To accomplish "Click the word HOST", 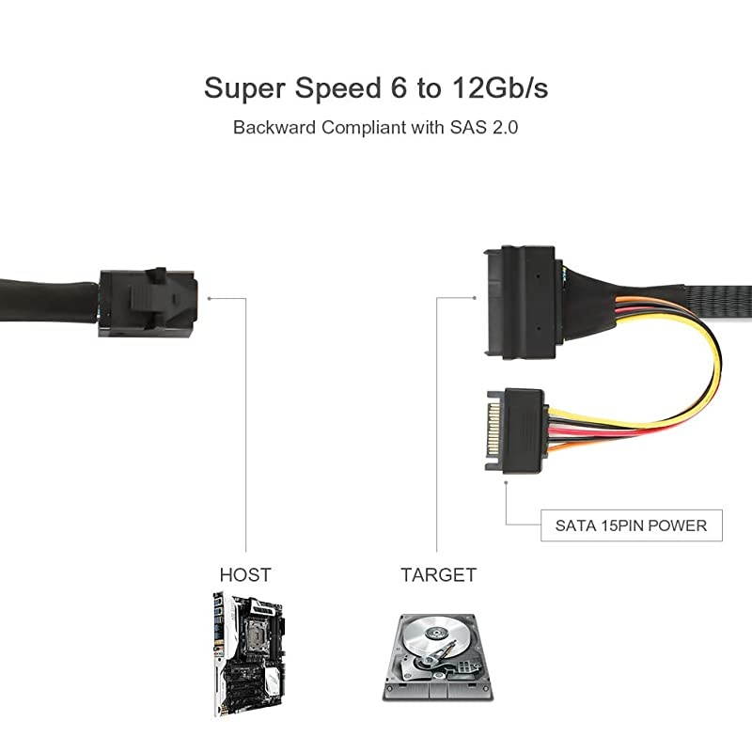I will pos(245,574).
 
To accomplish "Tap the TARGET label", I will pos(438,574).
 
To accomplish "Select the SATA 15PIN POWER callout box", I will pos(631,525).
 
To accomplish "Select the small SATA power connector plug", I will pos(515,430).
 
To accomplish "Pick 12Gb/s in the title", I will pos(498,88).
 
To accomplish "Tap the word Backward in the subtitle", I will pos(274,128).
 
